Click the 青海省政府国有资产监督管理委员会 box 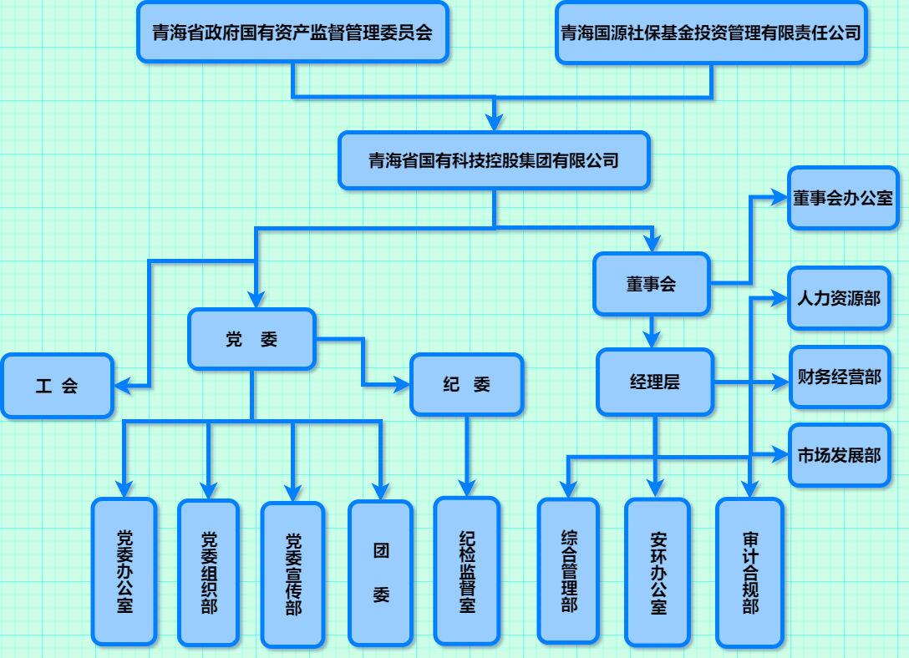click(292, 33)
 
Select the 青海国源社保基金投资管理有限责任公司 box click(711, 33)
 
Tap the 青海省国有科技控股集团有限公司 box click(494, 159)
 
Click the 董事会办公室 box click(843, 198)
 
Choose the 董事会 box click(651, 284)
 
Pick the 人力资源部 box click(839, 298)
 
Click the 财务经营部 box click(839, 377)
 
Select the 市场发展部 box click(839, 455)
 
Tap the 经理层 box click(655, 382)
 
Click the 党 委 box click(251, 339)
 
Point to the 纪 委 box click(466, 384)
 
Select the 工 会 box click(57, 386)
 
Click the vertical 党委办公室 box click(124, 572)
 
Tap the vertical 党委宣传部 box click(292, 574)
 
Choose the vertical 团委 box click(381, 573)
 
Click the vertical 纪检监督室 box click(467, 571)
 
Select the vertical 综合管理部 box click(568, 571)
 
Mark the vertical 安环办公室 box click(658, 573)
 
